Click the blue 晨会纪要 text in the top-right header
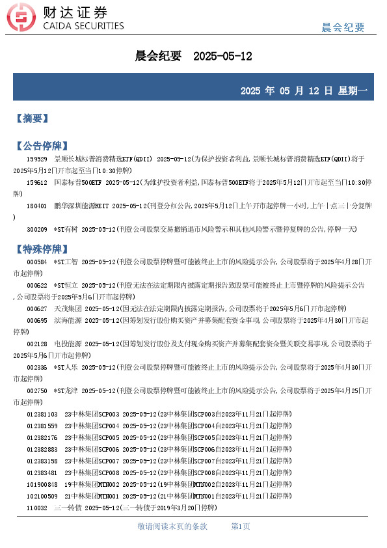coord(343,27)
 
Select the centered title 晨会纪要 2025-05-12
coord(193,57)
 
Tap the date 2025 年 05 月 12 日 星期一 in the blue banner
coord(304,91)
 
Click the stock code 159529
coord(36,159)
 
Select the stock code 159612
coord(36,183)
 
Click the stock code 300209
coord(36,230)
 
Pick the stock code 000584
coord(36,262)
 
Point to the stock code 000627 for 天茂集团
coord(36,308)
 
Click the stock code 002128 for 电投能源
coord(36,344)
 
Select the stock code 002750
coord(36,390)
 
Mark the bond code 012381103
coord(42,414)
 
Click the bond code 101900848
coord(42,484)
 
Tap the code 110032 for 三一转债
coord(36,508)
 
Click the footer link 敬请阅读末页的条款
coord(172,526)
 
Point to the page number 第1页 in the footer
coord(241,526)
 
